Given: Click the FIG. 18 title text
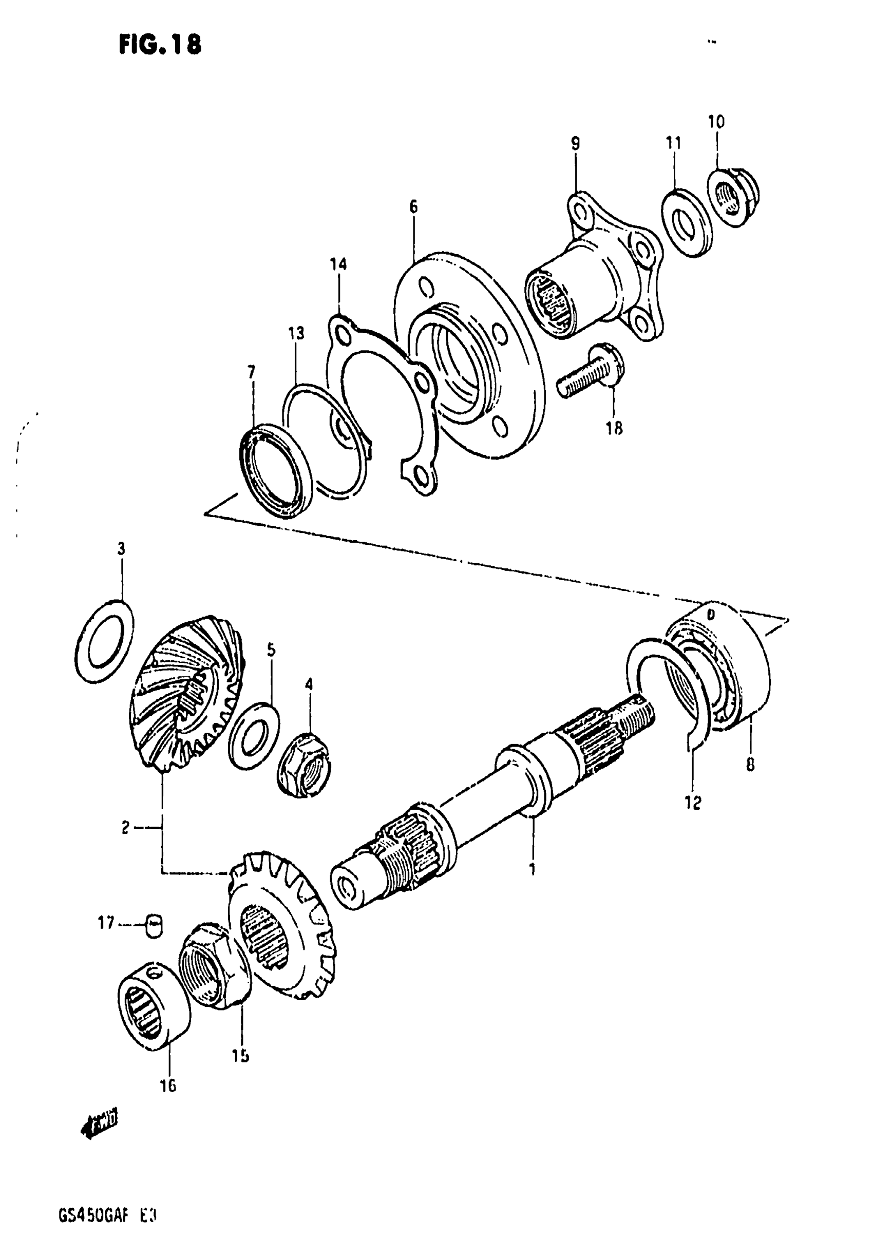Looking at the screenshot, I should [160, 45].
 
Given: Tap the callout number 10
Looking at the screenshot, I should [716, 122].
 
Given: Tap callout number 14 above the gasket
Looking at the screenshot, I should [339, 264].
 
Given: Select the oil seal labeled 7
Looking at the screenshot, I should [275, 470].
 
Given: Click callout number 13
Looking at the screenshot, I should [296, 333].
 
